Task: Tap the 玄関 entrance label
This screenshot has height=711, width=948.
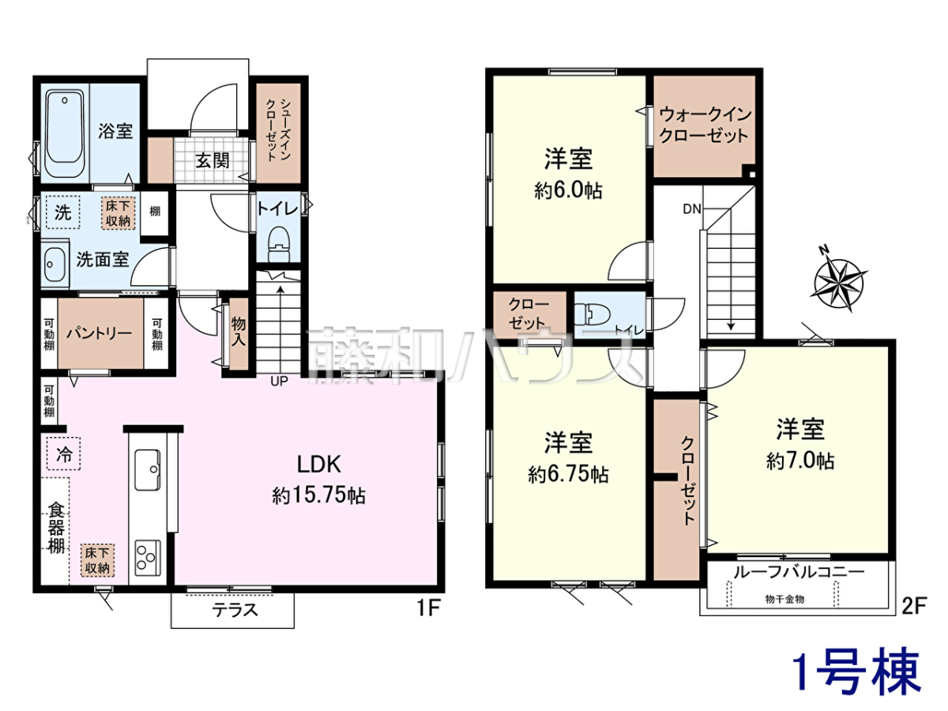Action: point(212,161)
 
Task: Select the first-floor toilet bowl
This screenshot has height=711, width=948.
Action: point(279,243)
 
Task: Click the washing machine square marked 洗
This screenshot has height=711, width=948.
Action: point(63,212)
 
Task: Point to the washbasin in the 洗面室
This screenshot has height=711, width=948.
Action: point(55,264)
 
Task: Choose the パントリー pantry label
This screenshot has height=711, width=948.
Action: point(99,333)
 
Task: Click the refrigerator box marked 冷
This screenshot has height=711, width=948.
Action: point(64,453)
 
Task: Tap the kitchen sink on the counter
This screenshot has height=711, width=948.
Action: point(148,470)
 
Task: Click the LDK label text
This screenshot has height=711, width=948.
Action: point(319,465)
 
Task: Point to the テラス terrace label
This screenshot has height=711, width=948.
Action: point(235,610)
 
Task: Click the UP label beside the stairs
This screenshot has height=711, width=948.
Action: point(279,382)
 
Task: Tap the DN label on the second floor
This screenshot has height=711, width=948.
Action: point(692,209)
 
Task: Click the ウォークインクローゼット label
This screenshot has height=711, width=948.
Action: point(705,125)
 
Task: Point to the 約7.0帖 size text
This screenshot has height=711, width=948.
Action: point(800,461)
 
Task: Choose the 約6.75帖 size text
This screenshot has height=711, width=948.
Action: point(568,475)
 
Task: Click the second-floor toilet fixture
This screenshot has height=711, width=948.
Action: point(592,314)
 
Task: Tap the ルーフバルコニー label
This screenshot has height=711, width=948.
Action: point(799,573)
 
